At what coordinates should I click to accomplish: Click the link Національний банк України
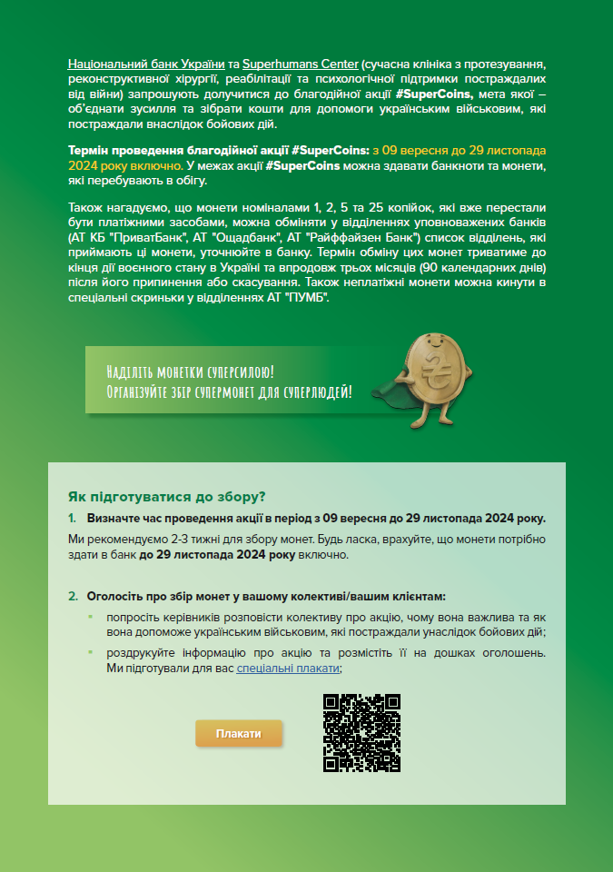(146, 64)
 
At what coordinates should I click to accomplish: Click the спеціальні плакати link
(288, 668)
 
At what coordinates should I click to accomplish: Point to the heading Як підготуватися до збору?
(167, 497)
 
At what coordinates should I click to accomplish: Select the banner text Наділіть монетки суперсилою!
(190, 372)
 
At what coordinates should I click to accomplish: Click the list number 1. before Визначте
(73, 519)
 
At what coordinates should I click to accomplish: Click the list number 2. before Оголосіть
(73, 597)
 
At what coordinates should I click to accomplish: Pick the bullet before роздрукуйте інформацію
(90, 652)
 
